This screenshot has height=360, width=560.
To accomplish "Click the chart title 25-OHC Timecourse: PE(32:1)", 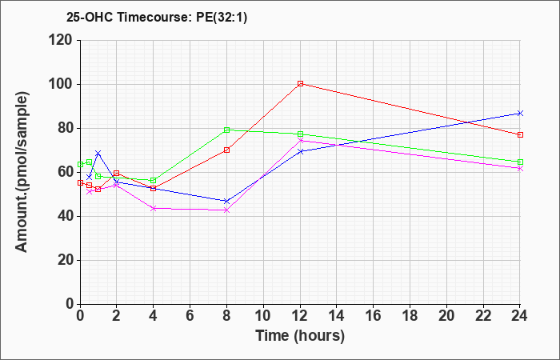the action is [157, 18].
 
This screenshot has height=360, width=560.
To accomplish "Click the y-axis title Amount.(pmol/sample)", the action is [22, 172].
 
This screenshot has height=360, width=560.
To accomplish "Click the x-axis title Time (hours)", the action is [300, 336].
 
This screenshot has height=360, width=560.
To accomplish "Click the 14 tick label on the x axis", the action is [337, 315].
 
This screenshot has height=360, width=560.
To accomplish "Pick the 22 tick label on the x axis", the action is [483, 315].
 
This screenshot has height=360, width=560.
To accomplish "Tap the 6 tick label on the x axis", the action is [190, 315].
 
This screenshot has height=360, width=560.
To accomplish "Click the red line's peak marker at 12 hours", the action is [300, 83].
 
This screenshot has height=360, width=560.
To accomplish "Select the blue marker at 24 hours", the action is [520, 114].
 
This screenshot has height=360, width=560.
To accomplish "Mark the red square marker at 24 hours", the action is [520, 134].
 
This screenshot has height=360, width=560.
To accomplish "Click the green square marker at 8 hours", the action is [226, 130].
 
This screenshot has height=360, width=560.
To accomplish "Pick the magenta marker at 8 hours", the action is [226, 210].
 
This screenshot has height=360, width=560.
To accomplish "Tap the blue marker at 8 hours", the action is [226, 201].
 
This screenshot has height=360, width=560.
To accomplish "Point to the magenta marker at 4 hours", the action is [154, 208].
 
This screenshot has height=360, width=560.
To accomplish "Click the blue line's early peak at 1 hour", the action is [98, 154].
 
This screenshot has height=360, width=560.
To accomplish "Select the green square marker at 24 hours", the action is [520, 162].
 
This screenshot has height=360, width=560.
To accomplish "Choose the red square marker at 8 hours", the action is [226, 150].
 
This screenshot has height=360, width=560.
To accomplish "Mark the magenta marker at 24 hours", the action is [520, 168].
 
